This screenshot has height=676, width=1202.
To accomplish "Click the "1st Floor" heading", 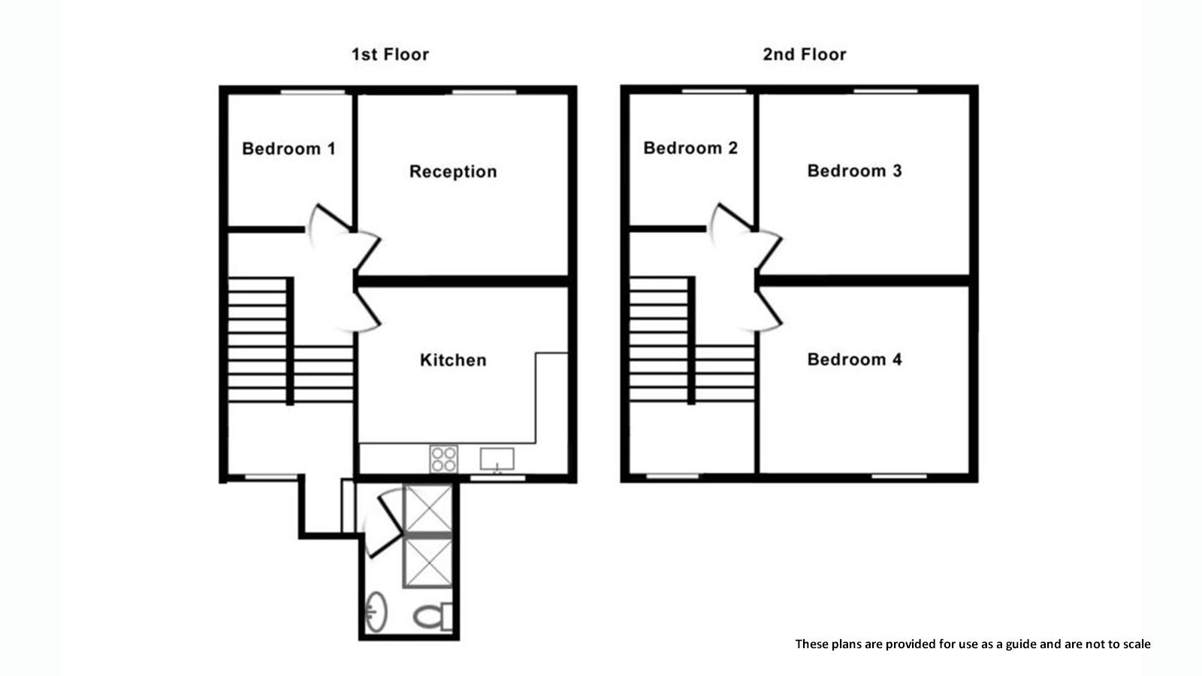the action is click(390, 55).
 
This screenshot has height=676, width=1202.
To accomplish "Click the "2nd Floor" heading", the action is click(805, 55).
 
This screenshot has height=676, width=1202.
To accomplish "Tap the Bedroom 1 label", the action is click(288, 149).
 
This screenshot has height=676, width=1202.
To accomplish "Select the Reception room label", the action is click(453, 172).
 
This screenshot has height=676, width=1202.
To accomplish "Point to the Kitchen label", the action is click(453, 360).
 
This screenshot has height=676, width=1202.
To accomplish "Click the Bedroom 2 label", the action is click(690, 148).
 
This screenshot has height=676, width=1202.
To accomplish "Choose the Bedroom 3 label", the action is click(854, 171).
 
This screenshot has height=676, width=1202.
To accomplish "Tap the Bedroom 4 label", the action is click(854, 360).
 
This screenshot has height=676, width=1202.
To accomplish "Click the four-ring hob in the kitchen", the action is click(444, 459).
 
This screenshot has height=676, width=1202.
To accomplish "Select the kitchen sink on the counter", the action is click(497, 460).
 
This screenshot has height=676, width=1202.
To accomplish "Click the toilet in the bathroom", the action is click(433, 617).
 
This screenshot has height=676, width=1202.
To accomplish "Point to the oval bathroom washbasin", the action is click(376, 612).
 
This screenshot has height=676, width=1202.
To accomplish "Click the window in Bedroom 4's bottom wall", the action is click(899, 476).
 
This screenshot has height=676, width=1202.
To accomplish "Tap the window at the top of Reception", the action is click(484, 92).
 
